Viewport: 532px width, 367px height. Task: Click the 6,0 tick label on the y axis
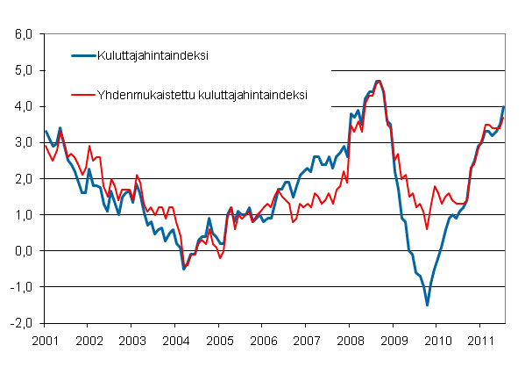pos(21,34)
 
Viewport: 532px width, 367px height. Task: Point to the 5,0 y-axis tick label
pos(21,70)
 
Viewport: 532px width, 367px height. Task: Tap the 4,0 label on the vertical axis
pos(21,106)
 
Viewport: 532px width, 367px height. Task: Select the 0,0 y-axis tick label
pos(21,250)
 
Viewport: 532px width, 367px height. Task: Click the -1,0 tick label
pos(19,286)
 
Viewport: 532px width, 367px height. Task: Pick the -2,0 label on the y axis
pos(19,322)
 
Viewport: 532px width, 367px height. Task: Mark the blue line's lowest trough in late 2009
pos(427,305)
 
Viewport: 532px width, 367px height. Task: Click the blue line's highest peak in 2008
pos(378,81)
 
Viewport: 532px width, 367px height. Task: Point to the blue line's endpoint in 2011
pos(503,106)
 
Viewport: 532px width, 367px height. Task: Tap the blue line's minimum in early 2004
pos(183,268)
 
